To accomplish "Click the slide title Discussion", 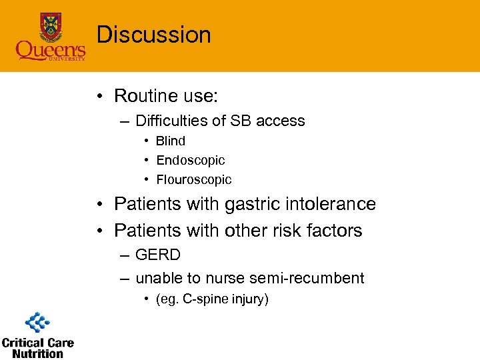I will coord(153,35).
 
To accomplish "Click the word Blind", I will coord(171,141).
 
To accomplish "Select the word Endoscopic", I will coord(190,160).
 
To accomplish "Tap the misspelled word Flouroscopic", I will coord(193,179).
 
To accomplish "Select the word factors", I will coord(337,231).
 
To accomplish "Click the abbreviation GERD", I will coord(158,255).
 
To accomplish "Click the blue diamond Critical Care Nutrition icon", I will coord(37,323).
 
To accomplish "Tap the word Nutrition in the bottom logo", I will coord(37,353).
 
